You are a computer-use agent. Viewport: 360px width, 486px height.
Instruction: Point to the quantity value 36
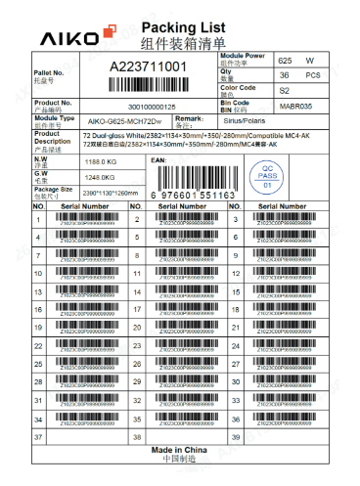point(285,74)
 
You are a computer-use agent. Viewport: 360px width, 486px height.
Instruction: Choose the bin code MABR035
point(294,104)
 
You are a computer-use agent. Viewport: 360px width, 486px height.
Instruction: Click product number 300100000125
point(153,106)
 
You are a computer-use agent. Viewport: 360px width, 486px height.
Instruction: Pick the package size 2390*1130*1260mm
point(105,193)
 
